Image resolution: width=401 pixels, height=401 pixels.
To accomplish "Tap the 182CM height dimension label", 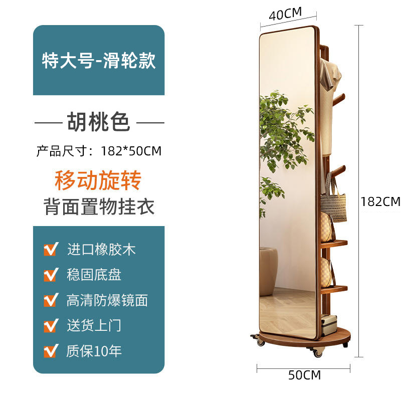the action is (380, 202).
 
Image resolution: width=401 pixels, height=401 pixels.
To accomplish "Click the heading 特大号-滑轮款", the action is (99, 61).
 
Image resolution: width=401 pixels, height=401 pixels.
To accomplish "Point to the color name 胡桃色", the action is (99, 122).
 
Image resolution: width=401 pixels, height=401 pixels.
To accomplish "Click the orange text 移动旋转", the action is (98, 180).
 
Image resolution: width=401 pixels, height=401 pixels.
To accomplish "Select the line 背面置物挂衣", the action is (99, 207).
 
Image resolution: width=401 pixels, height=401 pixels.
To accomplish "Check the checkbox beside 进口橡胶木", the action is (50, 249).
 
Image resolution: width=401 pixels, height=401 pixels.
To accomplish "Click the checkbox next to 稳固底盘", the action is (50, 275).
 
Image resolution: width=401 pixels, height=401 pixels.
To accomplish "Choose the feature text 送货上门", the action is (94, 325).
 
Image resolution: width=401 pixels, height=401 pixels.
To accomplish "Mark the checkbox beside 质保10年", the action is (50, 351).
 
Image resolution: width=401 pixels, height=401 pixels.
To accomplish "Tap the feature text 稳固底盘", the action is (94, 275).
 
